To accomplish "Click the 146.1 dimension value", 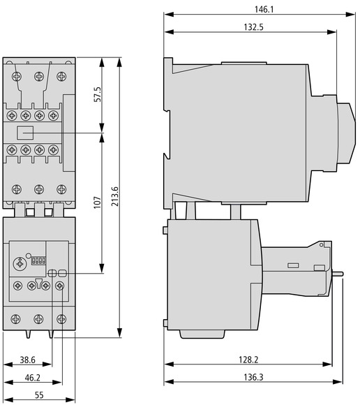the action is click(264, 10).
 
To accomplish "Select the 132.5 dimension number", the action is click(253, 27).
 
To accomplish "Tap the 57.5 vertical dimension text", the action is click(98, 94).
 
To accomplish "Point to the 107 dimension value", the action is click(97, 202).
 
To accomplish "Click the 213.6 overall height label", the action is click(114, 196).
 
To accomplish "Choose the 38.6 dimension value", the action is click(28, 360).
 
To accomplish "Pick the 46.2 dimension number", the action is click(33, 378).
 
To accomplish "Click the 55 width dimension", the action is click(39, 395).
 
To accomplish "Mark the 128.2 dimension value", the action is click(248, 360).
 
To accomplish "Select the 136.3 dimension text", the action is click(253, 377).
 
